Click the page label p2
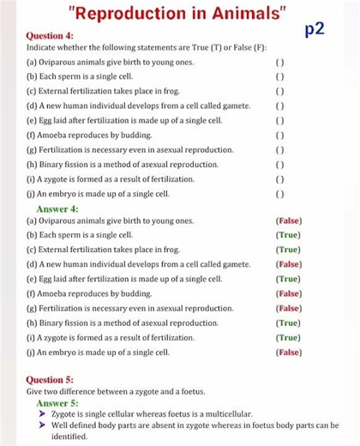click(315, 31)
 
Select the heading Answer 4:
click(57, 208)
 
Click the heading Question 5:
click(50, 379)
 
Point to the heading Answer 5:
click(57, 402)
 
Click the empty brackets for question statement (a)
click(279, 63)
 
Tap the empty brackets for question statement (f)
click(279, 135)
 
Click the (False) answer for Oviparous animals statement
click(288, 221)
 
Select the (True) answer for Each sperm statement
click(288, 236)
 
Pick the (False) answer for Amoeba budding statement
click(288, 294)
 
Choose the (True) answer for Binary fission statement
click(288, 323)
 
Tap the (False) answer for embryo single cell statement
click(288, 353)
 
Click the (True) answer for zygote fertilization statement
click(288, 338)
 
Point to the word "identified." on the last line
click(69, 437)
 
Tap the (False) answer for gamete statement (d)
click(288, 265)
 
